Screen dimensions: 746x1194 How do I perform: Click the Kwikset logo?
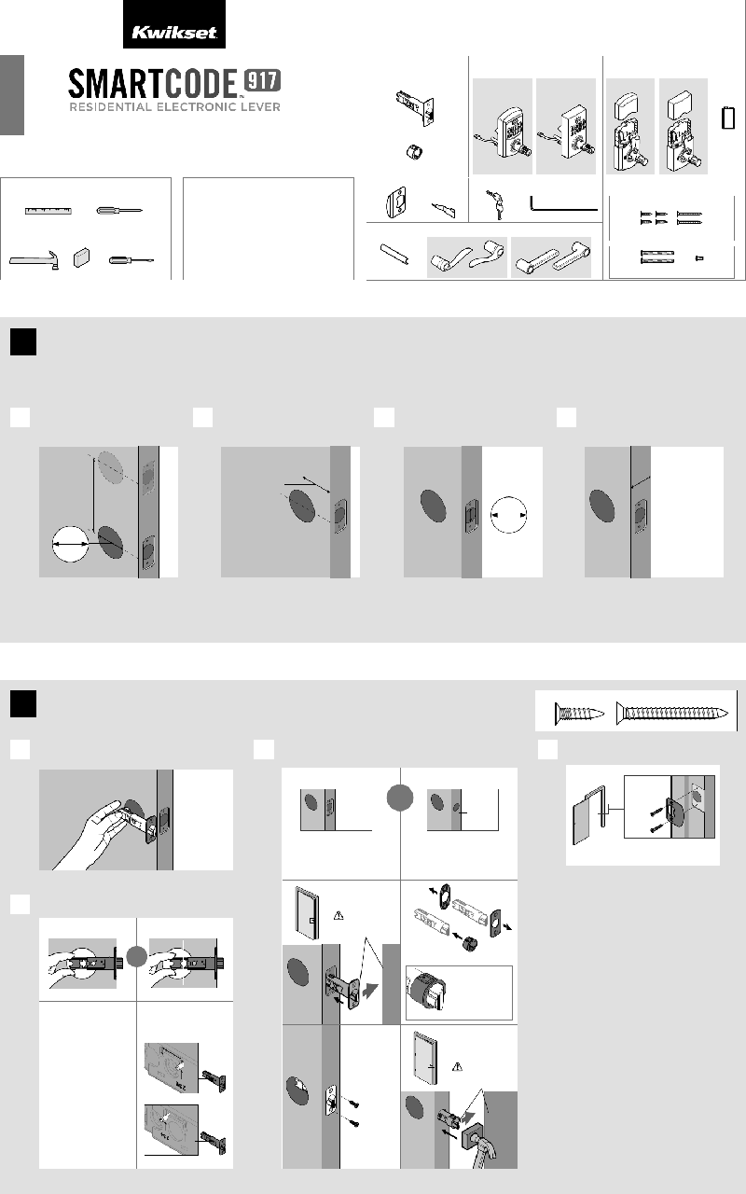(173, 33)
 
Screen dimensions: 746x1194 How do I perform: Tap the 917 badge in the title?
(262, 81)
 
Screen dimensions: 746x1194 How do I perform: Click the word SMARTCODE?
(152, 84)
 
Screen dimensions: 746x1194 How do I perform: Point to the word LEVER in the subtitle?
(259, 107)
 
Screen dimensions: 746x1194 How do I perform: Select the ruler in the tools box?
(48, 211)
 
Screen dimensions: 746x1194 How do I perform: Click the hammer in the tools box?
(35, 260)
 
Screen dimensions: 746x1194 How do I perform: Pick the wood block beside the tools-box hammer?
(81, 257)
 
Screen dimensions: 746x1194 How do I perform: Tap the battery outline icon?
(728, 118)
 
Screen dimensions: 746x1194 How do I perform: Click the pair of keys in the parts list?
(495, 204)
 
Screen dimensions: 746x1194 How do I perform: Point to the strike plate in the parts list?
(395, 202)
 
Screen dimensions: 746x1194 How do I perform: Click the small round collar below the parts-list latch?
(413, 152)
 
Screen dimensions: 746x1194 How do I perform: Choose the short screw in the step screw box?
(579, 713)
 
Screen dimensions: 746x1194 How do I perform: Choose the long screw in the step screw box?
(672, 713)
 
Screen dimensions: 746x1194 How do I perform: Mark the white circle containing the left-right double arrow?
(70, 544)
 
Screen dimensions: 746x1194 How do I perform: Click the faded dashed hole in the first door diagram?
(110, 467)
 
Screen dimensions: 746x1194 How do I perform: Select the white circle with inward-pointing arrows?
(508, 515)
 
